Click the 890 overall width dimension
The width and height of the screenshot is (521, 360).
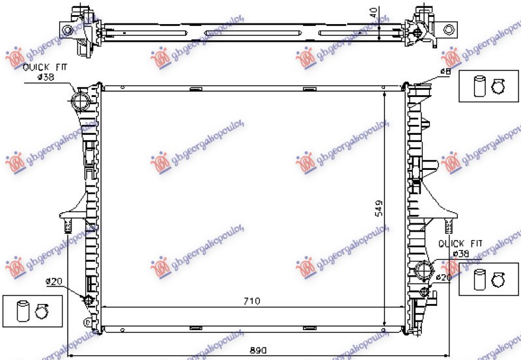coord(259,350)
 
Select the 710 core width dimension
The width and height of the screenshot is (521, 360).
coord(252,301)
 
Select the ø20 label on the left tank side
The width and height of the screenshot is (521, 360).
coord(53,282)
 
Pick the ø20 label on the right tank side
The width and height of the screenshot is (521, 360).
coord(444,277)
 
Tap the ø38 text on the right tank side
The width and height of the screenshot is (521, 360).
coord(460,253)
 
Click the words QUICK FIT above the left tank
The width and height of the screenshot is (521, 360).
coord(44,68)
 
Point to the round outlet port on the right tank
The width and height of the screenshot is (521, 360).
coord(422,269)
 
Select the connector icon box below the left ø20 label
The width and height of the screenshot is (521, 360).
coord(33,311)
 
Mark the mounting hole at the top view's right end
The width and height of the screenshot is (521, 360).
coord(448,29)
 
